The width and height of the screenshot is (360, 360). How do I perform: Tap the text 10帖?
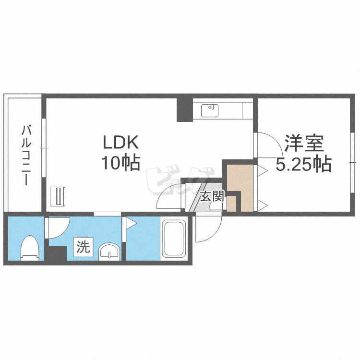(x=120, y=163)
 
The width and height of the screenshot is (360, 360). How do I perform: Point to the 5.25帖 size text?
(x=303, y=164)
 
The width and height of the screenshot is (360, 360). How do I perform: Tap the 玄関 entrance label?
(x=212, y=196)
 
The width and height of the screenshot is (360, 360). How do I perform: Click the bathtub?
(x=173, y=240)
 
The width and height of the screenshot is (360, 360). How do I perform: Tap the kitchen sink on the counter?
(x=209, y=110)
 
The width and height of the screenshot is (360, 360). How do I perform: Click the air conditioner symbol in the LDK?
(x=59, y=196)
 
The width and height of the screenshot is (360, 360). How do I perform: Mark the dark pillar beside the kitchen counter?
(x=184, y=109)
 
